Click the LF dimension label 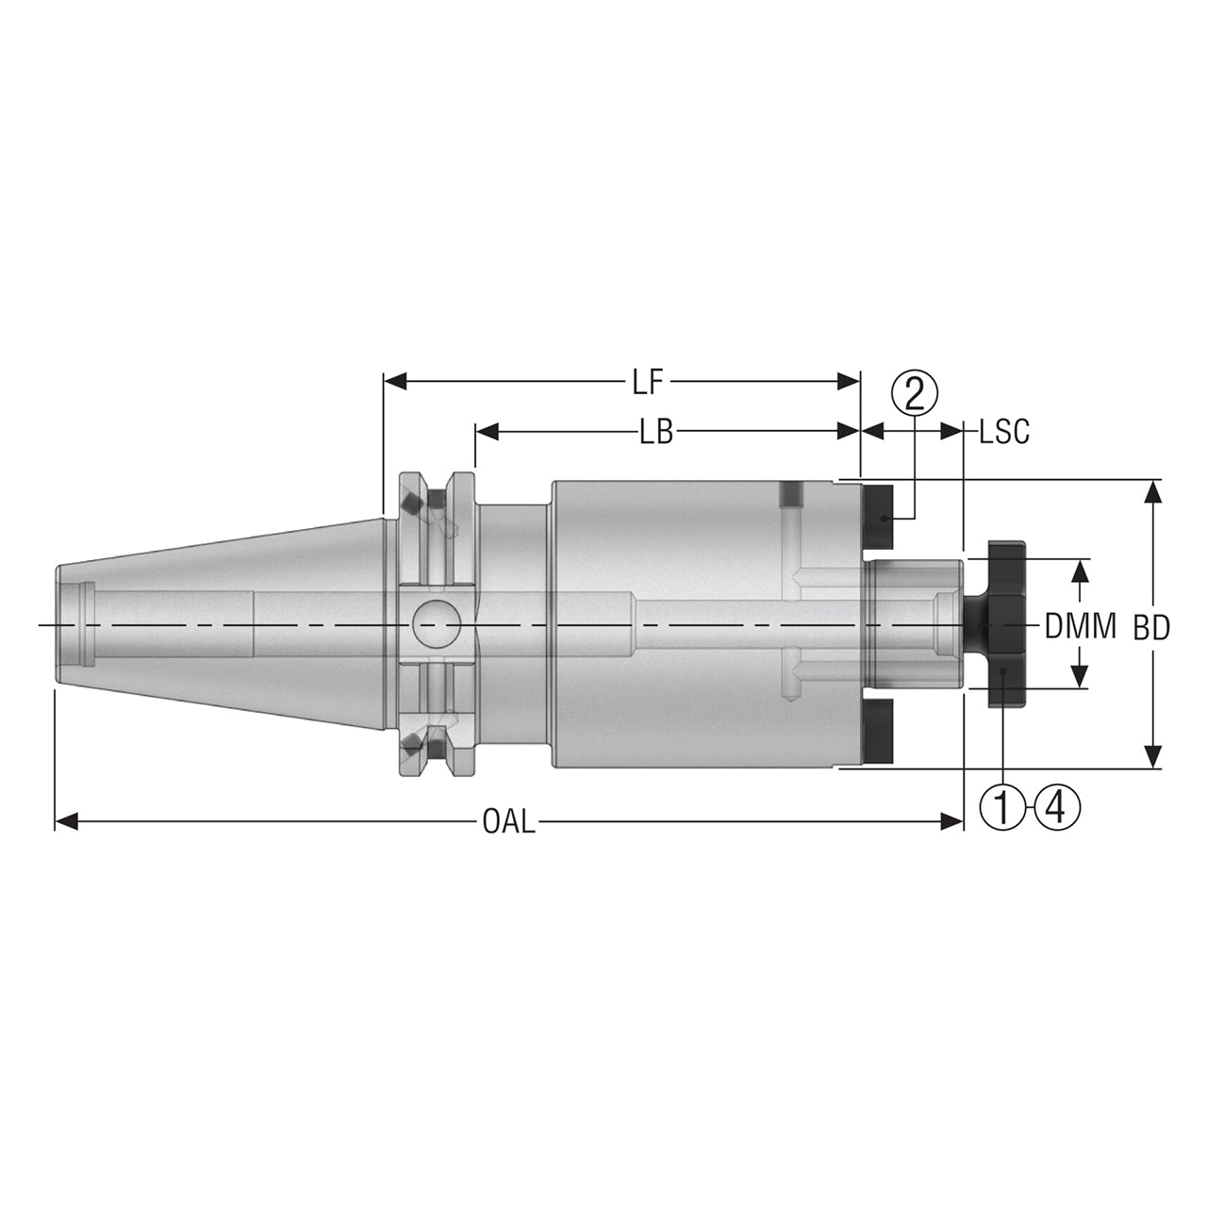(648, 382)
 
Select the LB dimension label (655, 432)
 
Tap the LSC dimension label (1004, 432)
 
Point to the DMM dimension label (1081, 626)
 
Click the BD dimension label (1152, 628)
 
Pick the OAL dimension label (509, 821)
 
